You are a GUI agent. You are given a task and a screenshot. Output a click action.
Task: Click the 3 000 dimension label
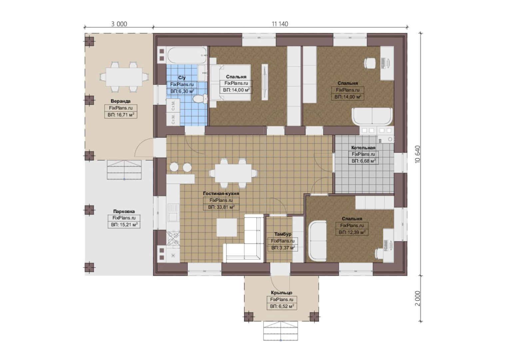(119, 24)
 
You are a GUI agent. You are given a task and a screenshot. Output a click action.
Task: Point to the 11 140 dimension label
(280, 24)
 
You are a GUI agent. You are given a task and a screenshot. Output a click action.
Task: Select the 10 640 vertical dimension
(418, 154)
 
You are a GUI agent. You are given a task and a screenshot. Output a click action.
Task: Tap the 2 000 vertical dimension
(418, 298)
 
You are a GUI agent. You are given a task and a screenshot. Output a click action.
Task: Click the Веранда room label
(121, 101)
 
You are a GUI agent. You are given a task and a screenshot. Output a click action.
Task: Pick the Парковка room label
(124, 211)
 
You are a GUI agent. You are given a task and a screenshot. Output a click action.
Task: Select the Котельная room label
(363, 148)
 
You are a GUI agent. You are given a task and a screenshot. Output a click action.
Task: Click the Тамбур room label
(283, 234)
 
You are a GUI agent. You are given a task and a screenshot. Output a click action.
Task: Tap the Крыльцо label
(281, 293)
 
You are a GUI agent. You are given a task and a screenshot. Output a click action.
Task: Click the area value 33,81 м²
(221, 207)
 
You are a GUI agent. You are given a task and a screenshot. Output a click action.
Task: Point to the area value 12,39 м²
(352, 232)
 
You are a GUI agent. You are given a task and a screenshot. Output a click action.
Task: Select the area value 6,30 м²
(182, 91)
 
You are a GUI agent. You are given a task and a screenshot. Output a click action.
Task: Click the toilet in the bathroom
(200, 99)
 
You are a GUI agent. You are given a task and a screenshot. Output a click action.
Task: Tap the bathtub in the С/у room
(187, 55)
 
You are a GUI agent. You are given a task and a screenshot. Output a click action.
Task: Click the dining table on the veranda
(124, 77)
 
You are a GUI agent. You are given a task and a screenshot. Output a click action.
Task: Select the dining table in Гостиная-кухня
(233, 173)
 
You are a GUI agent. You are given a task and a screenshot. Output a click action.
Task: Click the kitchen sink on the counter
(173, 213)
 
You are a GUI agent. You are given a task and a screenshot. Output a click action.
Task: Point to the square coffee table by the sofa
(227, 228)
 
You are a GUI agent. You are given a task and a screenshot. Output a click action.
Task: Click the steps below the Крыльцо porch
(280, 331)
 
